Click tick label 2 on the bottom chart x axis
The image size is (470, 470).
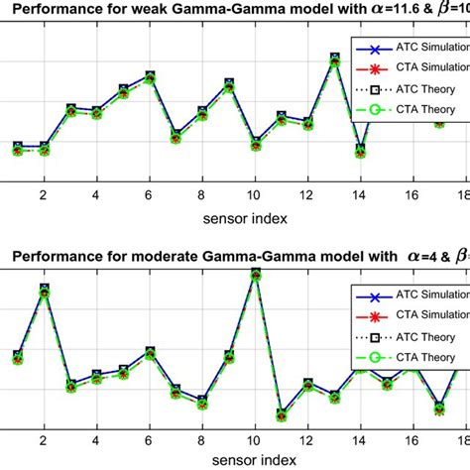tap(44, 439)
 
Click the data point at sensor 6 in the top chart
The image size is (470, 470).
tap(150, 76)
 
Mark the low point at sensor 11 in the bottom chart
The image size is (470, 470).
tap(282, 414)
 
